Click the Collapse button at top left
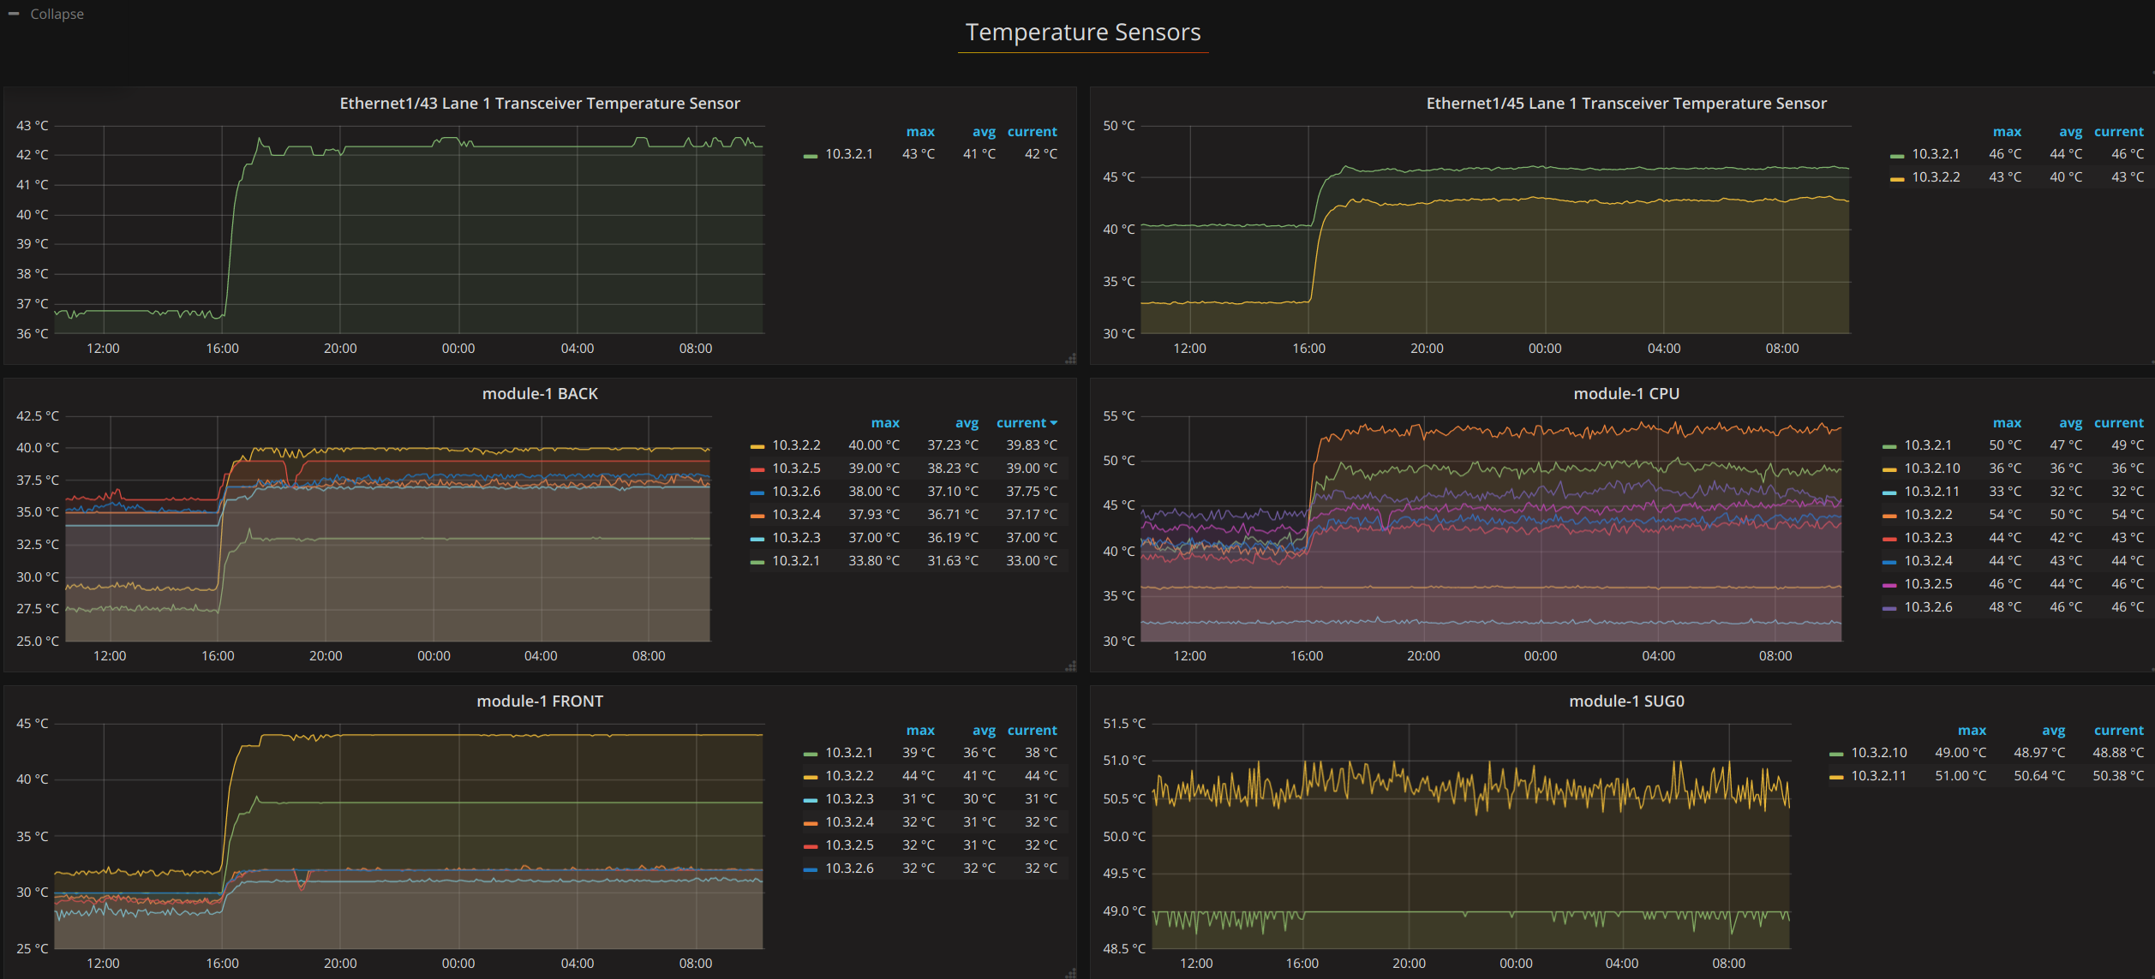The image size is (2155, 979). [x=47, y=14]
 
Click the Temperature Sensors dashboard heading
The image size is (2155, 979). [x=1083, y=33]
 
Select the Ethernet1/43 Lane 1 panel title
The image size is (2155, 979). [x=540, y=104]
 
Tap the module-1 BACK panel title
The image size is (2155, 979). [x=540, y=394]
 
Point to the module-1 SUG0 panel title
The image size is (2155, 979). [x=1626, y=701]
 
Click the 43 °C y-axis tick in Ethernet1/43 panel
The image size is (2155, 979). [x=33, y=126]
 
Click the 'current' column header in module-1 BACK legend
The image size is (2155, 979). [x=1027, y=423]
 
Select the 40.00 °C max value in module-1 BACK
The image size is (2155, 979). [x=874, y=445]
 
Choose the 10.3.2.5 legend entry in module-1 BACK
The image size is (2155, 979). [x=785, y=469]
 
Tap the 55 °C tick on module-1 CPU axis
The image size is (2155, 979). [x=1119, y=416]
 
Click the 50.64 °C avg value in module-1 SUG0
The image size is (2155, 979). [x=2039, y=776]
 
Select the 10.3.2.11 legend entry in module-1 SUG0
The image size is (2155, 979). [x=1868, y=776]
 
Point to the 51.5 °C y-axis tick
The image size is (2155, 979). [x=1124, y=724]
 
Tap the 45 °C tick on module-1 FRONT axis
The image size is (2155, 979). [x=33, y=724]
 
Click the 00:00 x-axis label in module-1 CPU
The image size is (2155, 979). [x=1541, y=656]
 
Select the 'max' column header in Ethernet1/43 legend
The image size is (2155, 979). [x=920, y=132]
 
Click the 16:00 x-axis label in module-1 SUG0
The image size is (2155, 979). [x=1302, y=964]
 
